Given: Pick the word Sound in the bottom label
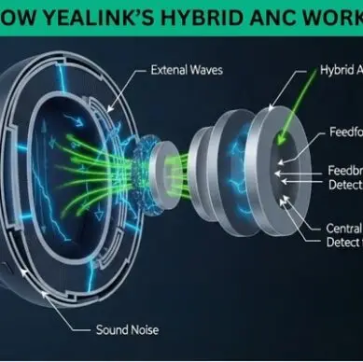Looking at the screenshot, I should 115,329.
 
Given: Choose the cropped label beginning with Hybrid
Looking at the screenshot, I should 340,69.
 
